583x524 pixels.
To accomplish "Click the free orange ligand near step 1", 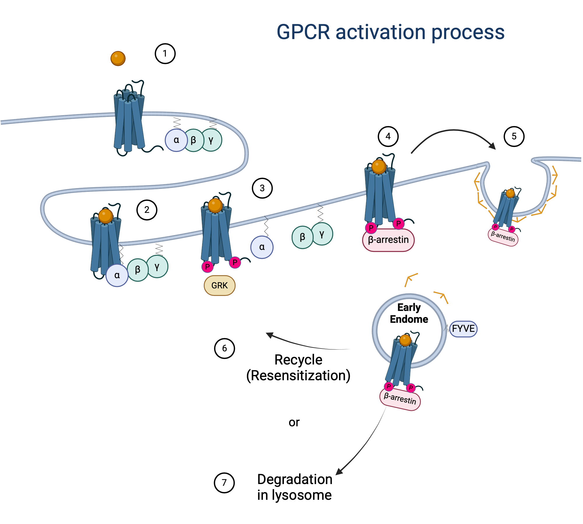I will click(118, 58).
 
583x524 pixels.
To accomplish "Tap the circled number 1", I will click(165, 54).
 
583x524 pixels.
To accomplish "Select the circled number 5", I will click(514, 136).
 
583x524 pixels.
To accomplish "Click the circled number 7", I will click(224, 483).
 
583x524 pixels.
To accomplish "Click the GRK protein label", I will click(219, 285).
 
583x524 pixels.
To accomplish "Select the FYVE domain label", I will click(463, 329).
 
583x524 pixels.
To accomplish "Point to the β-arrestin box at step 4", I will click(388, 240).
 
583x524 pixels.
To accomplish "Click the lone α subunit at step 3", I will click(262, 247).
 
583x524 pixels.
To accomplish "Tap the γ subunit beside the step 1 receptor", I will click(211, 140).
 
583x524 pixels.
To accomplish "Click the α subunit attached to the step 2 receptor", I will click(117, 275).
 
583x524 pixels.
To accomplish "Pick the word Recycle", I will click(298, 360).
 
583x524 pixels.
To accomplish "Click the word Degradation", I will click(295, 479).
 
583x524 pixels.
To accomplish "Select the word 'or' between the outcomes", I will click(294, 422).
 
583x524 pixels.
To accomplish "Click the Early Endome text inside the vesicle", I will click(409, 313).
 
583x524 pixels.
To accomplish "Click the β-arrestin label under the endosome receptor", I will click(400, 399).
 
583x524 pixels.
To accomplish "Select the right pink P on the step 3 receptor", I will click(235, 262).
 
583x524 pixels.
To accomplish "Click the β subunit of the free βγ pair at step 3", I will click(302, 237).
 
